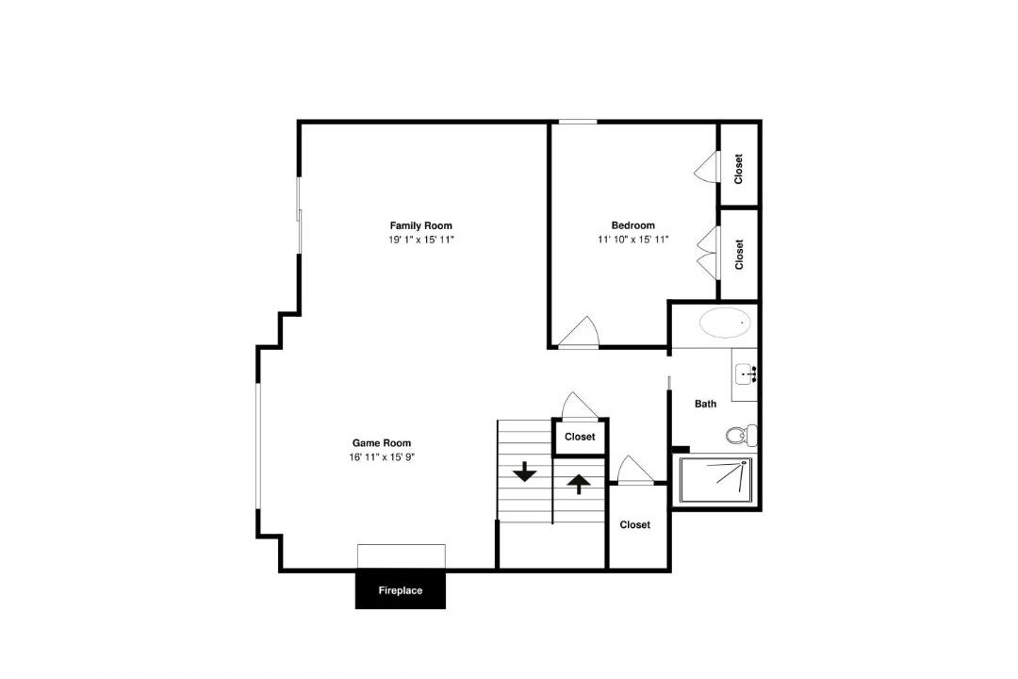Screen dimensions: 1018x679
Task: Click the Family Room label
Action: [420, 225]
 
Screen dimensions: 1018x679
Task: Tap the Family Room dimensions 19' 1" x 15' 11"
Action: [420, 240]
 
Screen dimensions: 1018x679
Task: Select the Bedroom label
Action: [633, 225]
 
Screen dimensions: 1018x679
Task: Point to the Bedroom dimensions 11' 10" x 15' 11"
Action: [633, 240]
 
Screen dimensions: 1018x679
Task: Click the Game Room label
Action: [382, 443]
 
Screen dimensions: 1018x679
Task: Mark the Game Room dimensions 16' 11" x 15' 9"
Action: [382, 456]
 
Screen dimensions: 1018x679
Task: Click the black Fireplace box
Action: [401, 589]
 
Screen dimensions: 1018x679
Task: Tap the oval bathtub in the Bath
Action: [725, 323]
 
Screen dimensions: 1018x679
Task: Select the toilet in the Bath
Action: [741, 435]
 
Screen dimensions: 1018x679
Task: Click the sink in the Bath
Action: [746, 374]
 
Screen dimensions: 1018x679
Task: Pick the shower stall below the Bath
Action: [716, 480]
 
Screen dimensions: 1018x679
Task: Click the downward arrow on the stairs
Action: [525, 472]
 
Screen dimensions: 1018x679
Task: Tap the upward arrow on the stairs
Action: [579, 484]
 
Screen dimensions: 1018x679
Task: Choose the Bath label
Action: [706, 404]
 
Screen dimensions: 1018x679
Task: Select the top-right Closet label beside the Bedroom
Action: [738, 169]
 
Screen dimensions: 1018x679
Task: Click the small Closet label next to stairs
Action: [580, 437]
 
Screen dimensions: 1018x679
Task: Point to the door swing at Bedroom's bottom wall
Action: [578, 333]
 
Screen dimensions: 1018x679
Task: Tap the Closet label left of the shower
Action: [635, 524]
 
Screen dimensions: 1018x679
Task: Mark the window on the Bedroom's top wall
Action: [578, 122]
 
